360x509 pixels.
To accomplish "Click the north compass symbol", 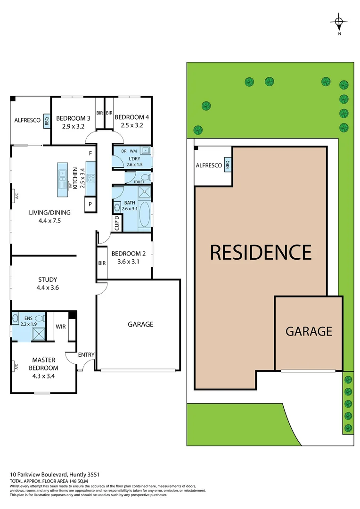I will point(339,22).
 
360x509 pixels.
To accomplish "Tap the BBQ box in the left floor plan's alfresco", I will point(47,122).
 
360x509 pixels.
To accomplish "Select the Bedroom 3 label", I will point(73,118).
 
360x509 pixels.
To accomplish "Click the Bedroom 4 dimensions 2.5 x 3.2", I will point(131,126).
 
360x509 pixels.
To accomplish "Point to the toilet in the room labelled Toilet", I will point(148,178).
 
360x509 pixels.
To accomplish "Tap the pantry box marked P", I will point(90,204).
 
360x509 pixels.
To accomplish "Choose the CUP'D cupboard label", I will point(116,222).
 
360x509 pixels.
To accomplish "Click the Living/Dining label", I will point(45,213).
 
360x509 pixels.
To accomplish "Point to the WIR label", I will point(60,326).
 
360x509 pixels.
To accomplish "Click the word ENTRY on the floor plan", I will point(86,355).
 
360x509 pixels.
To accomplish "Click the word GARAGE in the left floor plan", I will point(140,324).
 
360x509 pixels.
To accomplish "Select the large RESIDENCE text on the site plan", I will point(261,252).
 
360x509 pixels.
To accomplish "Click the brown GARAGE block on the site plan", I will point(309,332).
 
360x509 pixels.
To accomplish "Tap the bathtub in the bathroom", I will point(145,215).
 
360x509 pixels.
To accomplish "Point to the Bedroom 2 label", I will point(129,253).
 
